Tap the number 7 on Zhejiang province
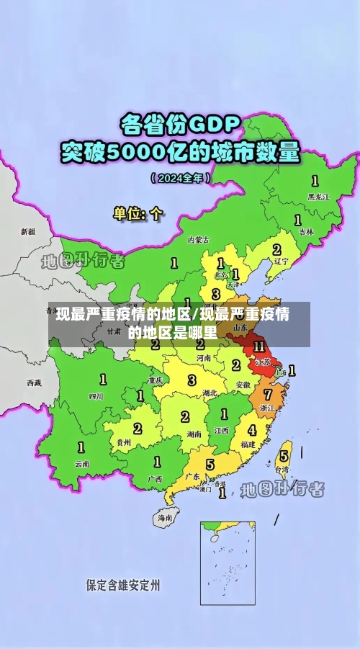pos(268,395)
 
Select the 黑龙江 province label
pos(318,196)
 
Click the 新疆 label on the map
pos(27,232)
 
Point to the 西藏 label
pos(34,382)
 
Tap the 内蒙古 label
pos(198,239)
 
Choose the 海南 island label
pos(165,517)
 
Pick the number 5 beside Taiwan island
pos(284,455)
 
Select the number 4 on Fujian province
pos(252,430)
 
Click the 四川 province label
pos(96,395)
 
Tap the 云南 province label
pos(82,464)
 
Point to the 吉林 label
pos(306,232)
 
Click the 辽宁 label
pos(281,261)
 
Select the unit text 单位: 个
pos(139,214)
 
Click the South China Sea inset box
pos(227,563)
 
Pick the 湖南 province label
pos(193,434)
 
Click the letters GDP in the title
pos(213,125)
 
